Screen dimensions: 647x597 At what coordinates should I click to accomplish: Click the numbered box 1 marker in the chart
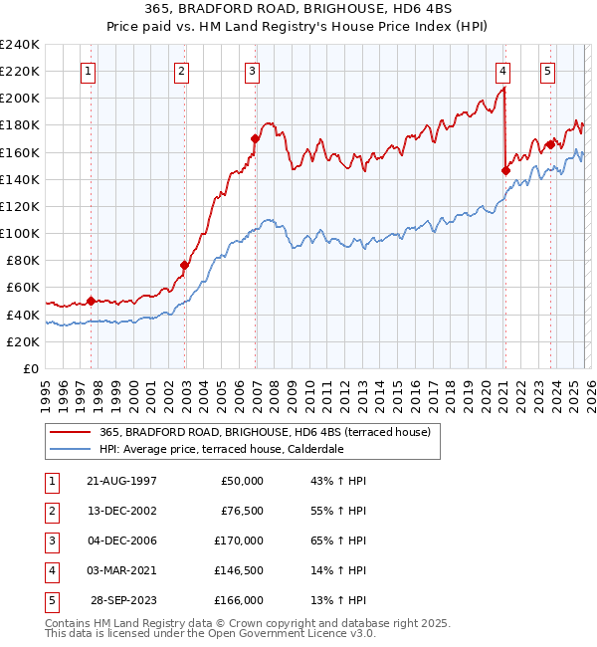(x=90, y=71)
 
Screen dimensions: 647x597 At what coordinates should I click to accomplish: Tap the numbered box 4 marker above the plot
(x=503, y=71)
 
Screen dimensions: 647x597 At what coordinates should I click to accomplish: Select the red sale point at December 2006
(x=255, y=139)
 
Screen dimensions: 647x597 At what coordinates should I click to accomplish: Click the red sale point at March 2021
(x=505, y=170)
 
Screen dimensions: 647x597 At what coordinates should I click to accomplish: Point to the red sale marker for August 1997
(x=91, y=301)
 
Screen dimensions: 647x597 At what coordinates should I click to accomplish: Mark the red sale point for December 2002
(x=184, y=265)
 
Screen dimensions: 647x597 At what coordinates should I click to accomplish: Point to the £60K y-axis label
(x=23, y=288)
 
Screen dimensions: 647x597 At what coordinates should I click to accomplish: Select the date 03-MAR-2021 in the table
(x=120, y=570)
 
